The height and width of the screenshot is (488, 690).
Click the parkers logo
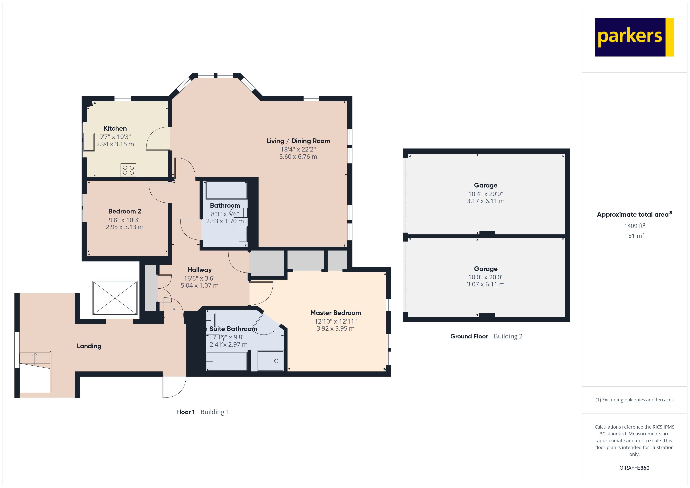coord(634,37)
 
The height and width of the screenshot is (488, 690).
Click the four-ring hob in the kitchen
coord(128,170)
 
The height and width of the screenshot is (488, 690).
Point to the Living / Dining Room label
coord(298,141)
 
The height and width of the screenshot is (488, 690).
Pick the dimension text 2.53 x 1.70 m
coord(225,221)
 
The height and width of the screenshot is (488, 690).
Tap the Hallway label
coord(199,270)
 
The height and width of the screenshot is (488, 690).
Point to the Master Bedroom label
coord(335,313)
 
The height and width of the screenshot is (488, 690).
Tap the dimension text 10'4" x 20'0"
coord(485,194)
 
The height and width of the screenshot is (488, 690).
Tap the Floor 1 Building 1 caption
coord(202,412)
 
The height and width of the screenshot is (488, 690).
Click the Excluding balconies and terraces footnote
coord(634,400)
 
